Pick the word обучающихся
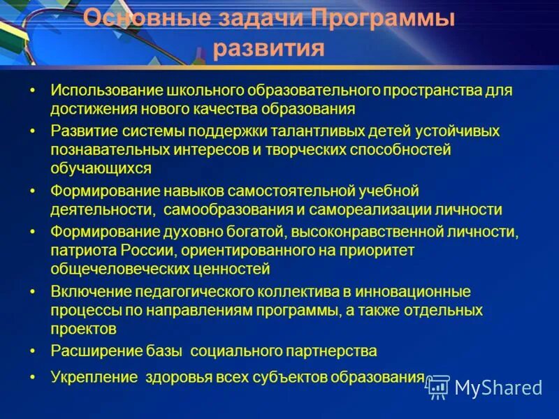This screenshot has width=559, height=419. pos(101,168)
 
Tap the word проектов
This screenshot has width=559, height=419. pos(83,328)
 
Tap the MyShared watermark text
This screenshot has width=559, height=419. pos(498,388)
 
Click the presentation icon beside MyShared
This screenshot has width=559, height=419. pos(437,386)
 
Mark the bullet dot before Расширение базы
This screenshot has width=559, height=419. pos(32,351)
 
